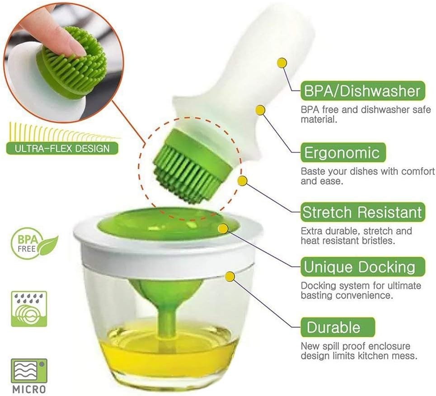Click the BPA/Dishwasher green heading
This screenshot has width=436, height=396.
tap(363, 91)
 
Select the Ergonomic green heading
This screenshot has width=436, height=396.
tap(343, 152)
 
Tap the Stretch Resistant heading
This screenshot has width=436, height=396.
tap(363, 212)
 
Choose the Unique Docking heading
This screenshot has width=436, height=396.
tap(363, 267)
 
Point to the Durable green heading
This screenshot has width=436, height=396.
tap(338, 327)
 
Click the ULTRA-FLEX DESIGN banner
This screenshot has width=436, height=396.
tap(62, 148)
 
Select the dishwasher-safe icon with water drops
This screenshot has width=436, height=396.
tap(29, 309)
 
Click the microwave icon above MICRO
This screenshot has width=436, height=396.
tap(29, 371)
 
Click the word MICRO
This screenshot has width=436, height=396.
tap(29, 389)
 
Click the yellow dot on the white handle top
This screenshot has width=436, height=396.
tap(282, 63)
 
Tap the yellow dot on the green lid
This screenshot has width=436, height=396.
tap(223, 228)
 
